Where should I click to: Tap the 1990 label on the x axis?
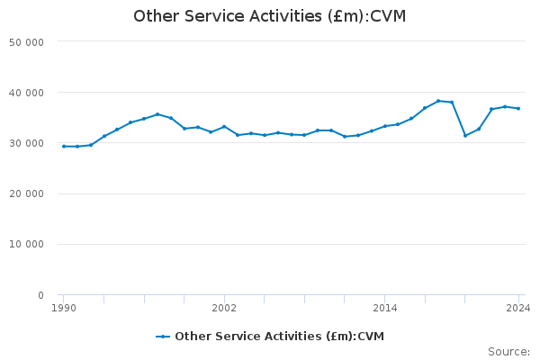tap(63, 308)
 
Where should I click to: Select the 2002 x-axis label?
tap(224, 308)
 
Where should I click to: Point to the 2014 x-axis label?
tap(384, 308)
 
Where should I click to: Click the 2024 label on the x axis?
tap(517, 308)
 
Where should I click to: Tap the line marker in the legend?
tap(163, 337)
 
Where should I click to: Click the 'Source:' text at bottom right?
tap(508, 351)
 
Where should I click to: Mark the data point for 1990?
tap(63, 146)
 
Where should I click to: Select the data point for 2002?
tap(224, 127)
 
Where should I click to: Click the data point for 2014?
tap(384, 126)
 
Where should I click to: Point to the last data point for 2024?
tap(518, 109)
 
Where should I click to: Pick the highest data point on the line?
tap(438, 101)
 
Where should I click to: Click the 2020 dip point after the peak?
tap(465, 135)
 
